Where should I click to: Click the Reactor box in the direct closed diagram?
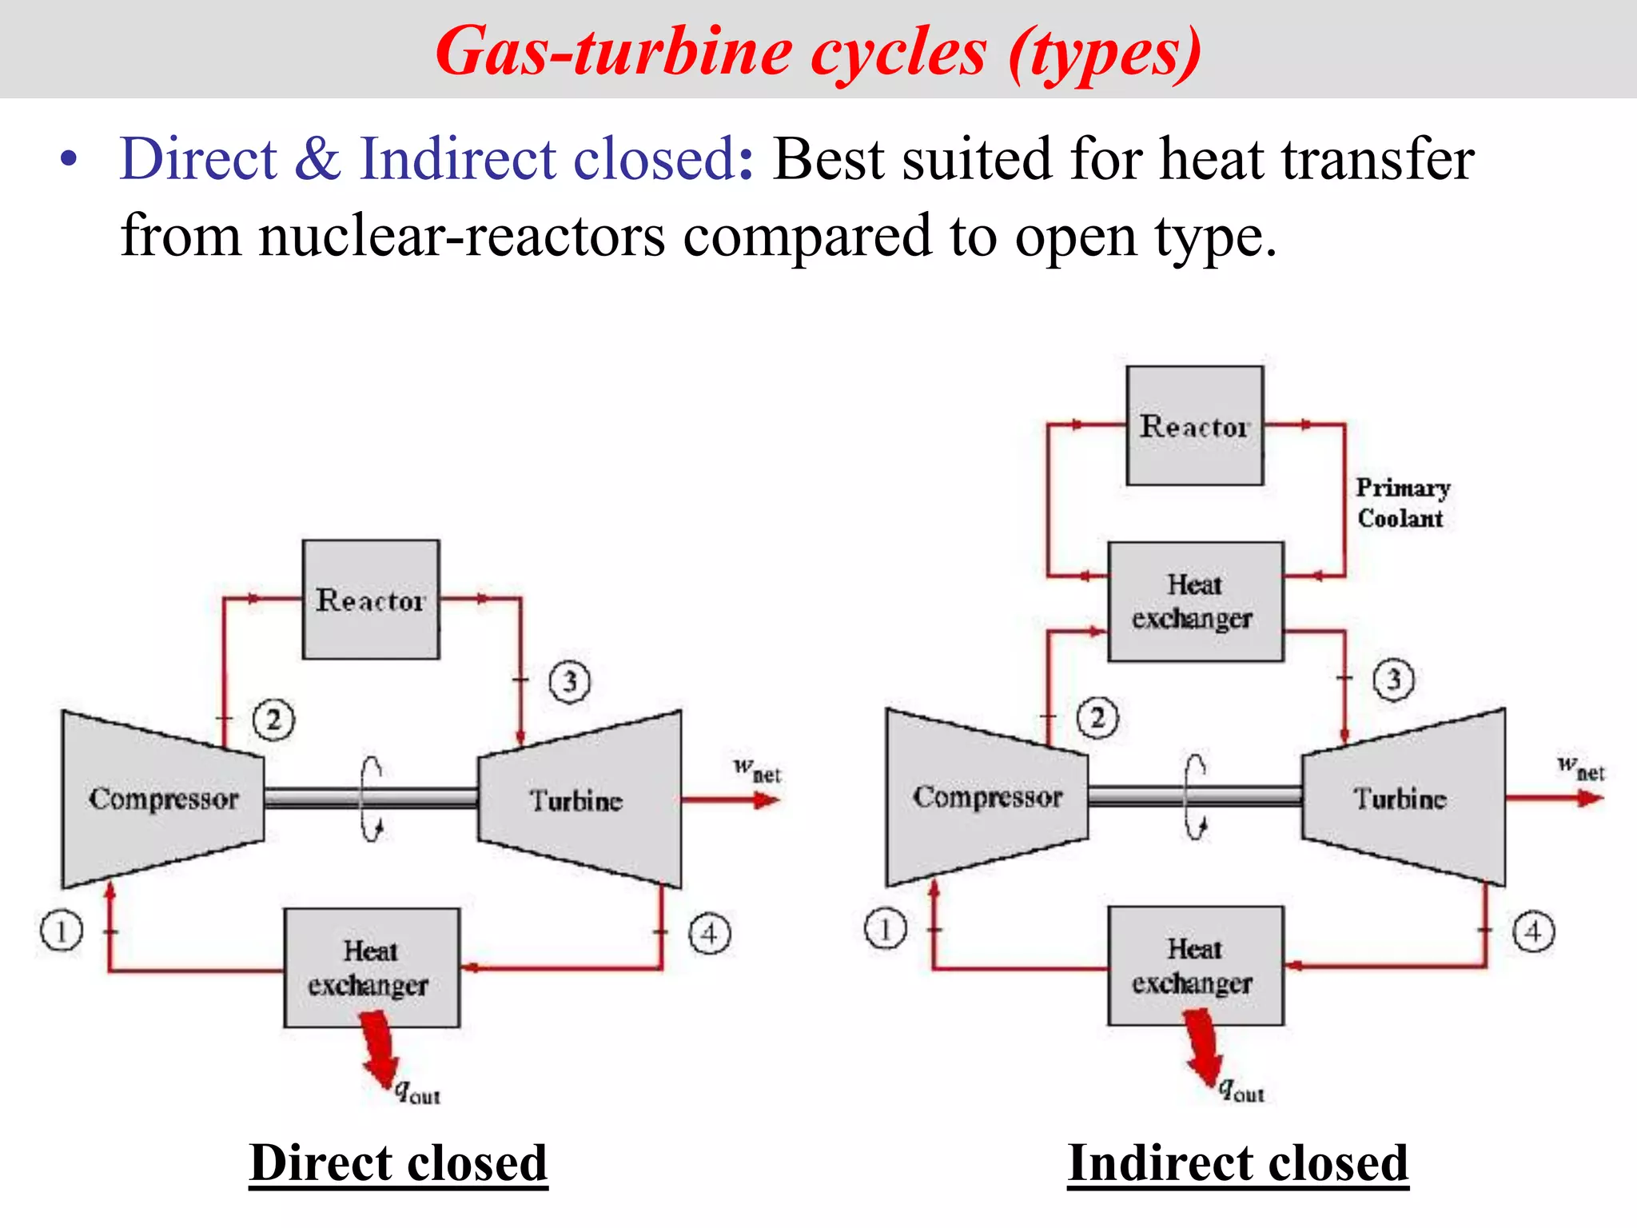click(x=370, y=600)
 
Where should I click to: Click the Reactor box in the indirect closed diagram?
click(x=1194, y=426)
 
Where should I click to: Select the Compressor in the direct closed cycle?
click(x=163, y=799)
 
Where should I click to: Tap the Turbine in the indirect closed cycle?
click(x=1400, y=798)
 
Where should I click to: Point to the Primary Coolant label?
click(x=1402, y=503)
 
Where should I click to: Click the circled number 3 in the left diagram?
click(x=569, y=682)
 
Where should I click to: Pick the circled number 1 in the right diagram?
click(x=885, y=930)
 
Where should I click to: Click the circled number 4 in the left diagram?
click(x=710, y=933)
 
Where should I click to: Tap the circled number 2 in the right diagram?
click(x=1097, y=718)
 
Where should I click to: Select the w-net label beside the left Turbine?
click(x=756, y=770)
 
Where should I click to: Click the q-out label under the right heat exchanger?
click(x=1241, y=1090)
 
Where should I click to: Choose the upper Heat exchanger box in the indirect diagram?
click(x=1194, y=601)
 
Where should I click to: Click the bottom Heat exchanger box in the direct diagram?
click(x=371, y=967)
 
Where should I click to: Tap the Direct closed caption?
click(x=398, y=1162)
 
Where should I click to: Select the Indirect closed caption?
click(x=1237, y=1162)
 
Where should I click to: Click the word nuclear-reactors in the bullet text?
click(x=461, y=236)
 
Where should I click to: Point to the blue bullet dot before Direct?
click(x=70, y=158)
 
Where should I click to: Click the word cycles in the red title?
click(x=898, y=53)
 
